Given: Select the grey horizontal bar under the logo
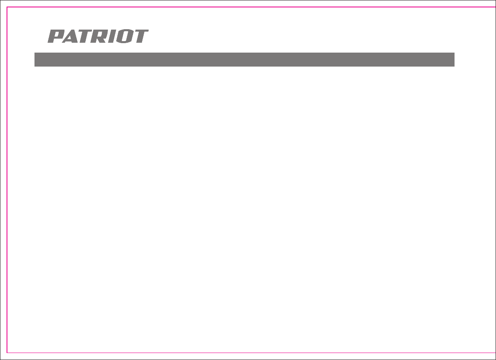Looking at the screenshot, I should click(x=244, y=60).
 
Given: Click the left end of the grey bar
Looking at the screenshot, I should click(x=36, y=60).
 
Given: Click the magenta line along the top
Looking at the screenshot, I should click(x=246, y=7).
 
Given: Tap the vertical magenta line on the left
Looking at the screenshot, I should click(x=7, y=181).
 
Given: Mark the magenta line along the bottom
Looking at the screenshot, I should click(x=246, y=353).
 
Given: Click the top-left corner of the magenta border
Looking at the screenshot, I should click(x=7, y=7).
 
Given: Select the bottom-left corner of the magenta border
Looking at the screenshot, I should click(x=7, y=353).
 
